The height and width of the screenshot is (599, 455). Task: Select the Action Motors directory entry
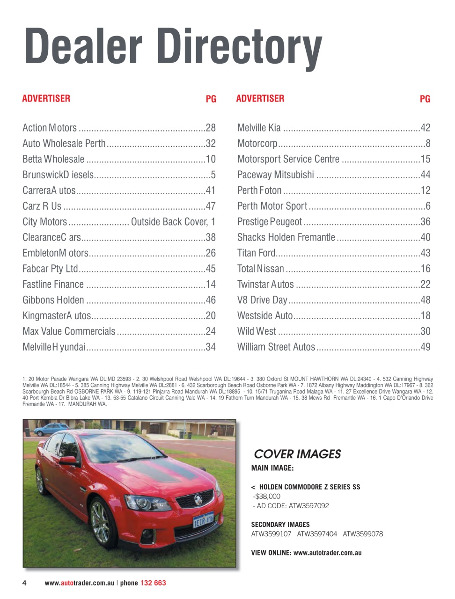coord(50,128)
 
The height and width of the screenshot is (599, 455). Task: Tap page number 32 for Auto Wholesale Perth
coord(211,144)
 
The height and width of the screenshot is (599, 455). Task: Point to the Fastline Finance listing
coord(53,285)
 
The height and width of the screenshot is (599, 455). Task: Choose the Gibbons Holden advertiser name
coord(53,300)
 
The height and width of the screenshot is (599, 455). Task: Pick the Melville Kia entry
coord(259,128)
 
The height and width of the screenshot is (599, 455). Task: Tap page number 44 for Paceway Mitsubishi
coord(425,175)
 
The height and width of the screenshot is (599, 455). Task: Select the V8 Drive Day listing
coord(262,300)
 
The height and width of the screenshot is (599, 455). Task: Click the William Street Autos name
coord(276,347)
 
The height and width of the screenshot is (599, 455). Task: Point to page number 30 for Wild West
coord(425,331)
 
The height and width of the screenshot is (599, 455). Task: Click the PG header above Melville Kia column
coord(425,99)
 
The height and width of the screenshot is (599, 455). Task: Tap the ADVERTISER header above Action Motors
coord(46,99)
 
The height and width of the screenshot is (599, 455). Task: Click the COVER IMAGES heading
coord(297,454)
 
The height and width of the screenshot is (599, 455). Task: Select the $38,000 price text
coord(267,497)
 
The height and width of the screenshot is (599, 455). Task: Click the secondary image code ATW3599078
coord(363,534)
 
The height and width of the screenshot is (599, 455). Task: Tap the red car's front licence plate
coord(203,520)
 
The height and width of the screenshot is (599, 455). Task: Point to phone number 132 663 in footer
coord(153,583)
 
